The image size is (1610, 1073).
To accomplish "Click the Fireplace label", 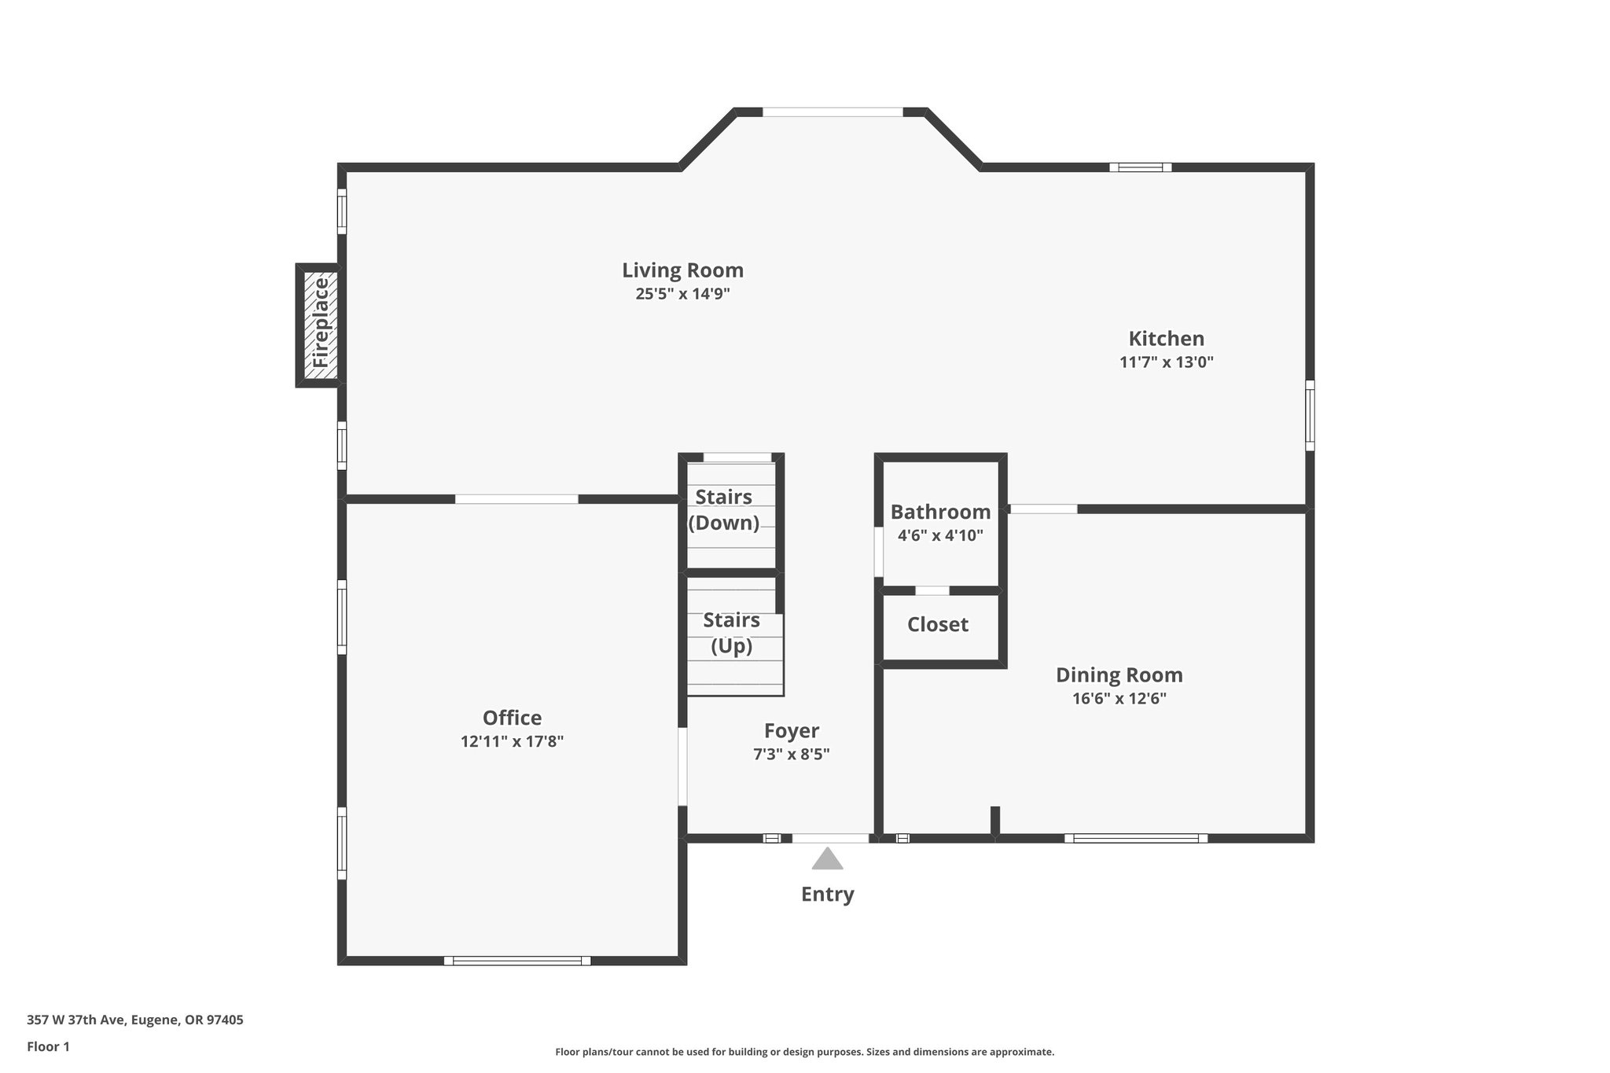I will (320, 324).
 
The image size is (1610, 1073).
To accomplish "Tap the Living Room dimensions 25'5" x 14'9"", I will (682, 294).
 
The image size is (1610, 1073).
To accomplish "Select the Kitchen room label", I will (1166, 339).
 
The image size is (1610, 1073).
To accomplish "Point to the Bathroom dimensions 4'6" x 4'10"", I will (940, 536).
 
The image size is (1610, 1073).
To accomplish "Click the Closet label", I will (937, 625).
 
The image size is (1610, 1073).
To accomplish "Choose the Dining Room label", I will (1119, 675).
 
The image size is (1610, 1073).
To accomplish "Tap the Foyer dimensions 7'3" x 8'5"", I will (791, 755).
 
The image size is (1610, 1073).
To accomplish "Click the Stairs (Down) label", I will (723, 509).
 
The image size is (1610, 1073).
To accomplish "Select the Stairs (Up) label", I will (731, 633).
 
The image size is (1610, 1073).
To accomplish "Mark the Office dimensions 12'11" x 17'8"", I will (512, 741).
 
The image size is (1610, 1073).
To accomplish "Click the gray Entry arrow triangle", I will (827, 860).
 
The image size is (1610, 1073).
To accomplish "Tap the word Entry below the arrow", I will (827, 895).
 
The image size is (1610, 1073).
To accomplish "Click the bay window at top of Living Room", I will (833, 112).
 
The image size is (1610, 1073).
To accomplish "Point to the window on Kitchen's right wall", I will (1310, 416).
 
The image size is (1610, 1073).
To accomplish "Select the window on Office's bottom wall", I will (517, 961).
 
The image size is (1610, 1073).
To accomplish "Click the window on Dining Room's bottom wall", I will (1136, 839).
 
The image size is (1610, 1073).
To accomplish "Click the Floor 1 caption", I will (48, 1047).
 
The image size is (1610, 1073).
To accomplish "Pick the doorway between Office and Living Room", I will (516, 499).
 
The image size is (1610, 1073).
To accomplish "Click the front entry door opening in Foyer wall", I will (830, 839).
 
